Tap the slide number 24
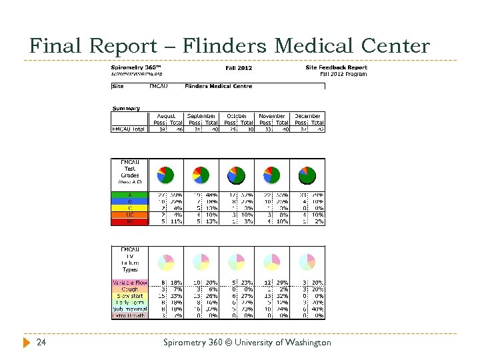41,343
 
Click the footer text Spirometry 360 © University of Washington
247,343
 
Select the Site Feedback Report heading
336,67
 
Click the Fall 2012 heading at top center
239,67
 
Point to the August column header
165,116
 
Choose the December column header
307,116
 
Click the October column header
237,116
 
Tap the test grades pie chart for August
165,175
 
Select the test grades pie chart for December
307,175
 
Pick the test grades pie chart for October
237,175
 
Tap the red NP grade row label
129,221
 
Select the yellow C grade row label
129,208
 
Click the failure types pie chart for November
272,261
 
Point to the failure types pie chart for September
201,261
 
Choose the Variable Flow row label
129,283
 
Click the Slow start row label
129,296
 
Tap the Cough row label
129,289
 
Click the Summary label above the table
126,108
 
